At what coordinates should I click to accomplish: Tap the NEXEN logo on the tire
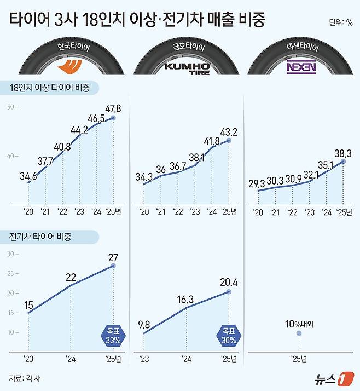300,68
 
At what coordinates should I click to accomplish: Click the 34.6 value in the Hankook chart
28,176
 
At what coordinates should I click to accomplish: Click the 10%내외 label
298,323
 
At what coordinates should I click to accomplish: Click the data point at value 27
113,266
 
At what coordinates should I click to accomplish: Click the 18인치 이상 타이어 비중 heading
49,88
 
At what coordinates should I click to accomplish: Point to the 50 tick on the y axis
11,106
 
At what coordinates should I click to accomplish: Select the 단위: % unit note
340,22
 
